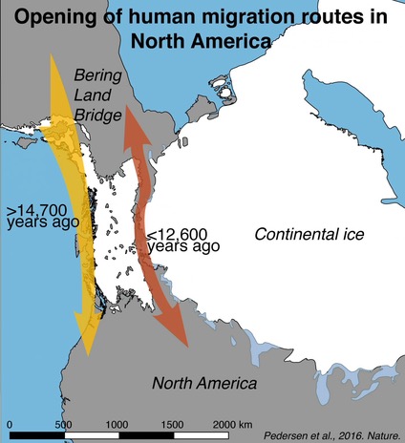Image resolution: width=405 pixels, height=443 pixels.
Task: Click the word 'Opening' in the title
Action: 59,17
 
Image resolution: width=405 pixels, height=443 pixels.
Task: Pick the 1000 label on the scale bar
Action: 117,423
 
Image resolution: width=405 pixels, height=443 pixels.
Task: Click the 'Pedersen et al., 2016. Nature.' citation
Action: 330,433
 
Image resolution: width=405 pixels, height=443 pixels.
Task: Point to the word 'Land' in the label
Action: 94,95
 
